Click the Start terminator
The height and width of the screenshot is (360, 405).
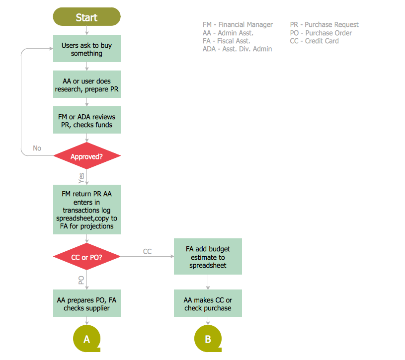86,17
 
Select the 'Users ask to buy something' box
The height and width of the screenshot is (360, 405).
86,49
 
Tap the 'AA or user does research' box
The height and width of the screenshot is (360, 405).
86,85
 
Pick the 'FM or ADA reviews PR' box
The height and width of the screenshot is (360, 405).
86,121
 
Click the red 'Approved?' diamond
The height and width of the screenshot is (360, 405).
86,156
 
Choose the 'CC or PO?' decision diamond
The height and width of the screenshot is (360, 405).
86,257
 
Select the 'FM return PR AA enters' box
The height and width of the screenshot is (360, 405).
86,210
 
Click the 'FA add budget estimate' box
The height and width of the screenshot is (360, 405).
208,257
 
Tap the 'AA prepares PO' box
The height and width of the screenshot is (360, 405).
86,303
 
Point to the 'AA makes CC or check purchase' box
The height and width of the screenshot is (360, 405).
208,303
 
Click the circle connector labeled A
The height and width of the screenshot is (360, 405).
86,339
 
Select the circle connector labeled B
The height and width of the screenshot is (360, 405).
208,339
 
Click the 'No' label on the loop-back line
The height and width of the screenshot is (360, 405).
37,148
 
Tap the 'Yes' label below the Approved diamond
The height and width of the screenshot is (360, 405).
81,177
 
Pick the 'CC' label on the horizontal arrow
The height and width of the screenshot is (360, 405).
147,251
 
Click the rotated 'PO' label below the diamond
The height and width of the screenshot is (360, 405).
81,280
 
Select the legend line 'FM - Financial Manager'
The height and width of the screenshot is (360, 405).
238,24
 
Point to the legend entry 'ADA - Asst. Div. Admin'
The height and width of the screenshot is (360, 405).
237,49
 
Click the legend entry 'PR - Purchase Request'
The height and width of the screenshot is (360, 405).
324,24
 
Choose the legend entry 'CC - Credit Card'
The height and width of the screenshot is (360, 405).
314,41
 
